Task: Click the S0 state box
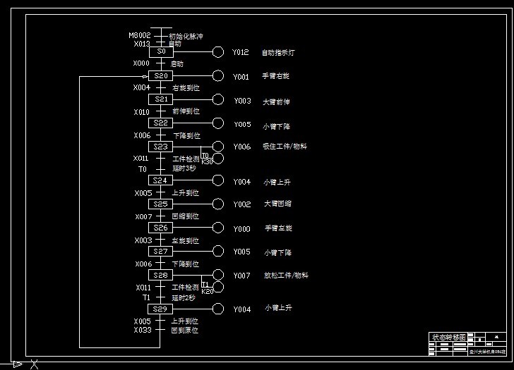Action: pos(161,51)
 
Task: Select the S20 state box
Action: pos(161,75)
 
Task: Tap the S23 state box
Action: pos(161,147)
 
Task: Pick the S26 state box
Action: pos(161,228)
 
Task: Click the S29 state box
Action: pos(161,309)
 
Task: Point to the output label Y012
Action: pos(241,52)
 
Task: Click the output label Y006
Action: pos(241,147)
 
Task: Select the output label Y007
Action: pos(241,276)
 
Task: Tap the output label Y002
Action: pos(242,204)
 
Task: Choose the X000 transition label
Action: pos(141,63)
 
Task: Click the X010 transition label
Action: pos(141,111)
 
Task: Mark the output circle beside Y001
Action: pos(218,76)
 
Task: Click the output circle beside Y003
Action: pos(218,100)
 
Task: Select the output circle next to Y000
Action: pos(218,228)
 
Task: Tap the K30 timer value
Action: pos(207,162)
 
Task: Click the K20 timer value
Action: pos(207,291)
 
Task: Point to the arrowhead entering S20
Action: pos(145,76)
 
